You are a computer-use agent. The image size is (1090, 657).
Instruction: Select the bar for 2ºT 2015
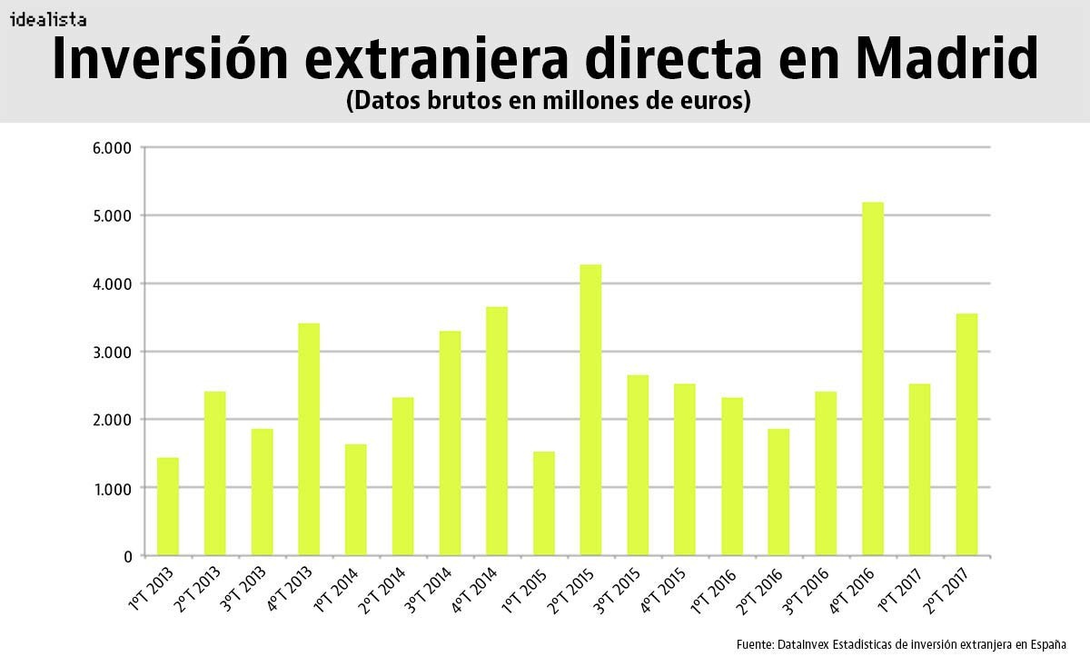(590, 410)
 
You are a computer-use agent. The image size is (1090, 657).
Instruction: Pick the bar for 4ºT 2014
(497, 431)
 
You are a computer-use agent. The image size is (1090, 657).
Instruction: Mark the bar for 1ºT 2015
(544, 503)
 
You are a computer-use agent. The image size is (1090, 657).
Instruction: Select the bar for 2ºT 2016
(778, 492)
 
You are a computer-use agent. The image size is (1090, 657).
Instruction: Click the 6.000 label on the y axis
(112, 148)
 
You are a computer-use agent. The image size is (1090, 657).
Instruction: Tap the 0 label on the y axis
(128, 556)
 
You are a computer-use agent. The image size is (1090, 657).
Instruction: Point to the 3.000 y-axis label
(112, 353)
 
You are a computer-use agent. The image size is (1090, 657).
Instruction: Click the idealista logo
(48, 18)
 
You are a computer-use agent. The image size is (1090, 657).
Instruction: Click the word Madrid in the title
(946, 59)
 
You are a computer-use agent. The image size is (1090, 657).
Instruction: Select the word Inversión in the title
(173, 59)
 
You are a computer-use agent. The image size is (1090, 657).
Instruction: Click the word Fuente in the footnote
(755, 643)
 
